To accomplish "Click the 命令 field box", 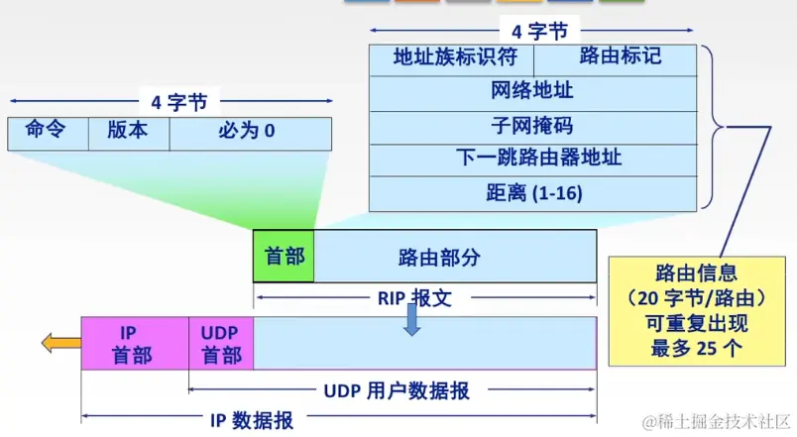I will coord(48,132).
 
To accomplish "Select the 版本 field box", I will coord(129,132).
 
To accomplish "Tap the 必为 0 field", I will coord(250,132).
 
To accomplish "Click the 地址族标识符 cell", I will coord(455,57).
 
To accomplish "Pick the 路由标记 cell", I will coord(621,57).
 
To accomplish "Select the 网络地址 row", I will coord(533,92).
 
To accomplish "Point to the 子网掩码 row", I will coord(533,126).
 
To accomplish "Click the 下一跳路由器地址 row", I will coord(533,159).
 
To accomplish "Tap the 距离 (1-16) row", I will coord(533,193).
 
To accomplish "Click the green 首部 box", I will coord(284,256).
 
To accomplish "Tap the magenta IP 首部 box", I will coord(134,344).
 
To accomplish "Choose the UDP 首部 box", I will coord(221,344).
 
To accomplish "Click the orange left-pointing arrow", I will coord(60,344).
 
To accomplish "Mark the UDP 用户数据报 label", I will coord(397,390).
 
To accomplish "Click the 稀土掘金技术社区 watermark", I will coord(716,422).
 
